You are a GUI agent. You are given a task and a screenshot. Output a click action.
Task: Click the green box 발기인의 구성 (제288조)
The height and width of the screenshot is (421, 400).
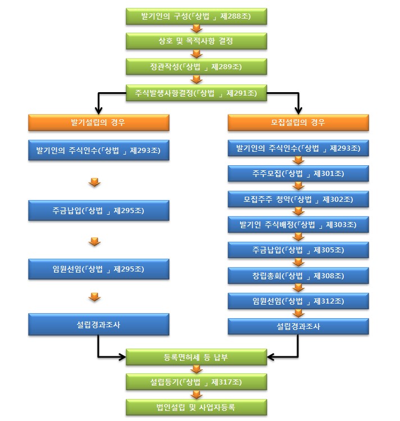197,16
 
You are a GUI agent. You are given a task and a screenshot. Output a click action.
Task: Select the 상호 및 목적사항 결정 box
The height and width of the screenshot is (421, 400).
197,41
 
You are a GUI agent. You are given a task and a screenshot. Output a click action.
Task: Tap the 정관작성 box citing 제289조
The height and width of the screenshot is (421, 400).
197,66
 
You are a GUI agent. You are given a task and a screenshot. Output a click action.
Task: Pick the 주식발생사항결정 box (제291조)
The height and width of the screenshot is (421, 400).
197,93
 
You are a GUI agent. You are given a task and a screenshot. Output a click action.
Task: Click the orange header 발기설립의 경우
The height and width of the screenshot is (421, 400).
99,123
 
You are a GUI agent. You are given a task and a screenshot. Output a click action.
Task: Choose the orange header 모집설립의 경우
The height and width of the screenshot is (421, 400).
298,123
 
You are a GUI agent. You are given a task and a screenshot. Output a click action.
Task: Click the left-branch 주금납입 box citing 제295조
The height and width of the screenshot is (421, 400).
99,210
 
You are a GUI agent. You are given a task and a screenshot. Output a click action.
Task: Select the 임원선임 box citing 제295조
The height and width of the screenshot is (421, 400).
99,269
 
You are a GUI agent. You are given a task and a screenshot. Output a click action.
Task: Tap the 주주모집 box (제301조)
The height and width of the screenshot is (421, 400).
298,174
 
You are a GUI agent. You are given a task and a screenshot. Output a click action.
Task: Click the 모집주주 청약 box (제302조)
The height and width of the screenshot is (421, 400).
298,199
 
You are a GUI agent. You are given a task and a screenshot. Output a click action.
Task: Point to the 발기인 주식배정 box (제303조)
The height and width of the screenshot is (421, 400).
298,224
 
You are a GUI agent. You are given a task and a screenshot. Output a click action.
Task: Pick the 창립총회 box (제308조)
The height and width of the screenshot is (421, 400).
298,276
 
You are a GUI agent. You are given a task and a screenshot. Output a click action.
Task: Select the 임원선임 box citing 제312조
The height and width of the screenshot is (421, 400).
298,301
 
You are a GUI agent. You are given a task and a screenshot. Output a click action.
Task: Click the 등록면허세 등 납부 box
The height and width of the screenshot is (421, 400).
197,357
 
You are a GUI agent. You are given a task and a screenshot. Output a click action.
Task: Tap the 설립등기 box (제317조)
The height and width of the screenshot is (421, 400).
197,382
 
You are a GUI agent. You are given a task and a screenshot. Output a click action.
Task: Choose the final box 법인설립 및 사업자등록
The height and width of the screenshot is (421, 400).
197,408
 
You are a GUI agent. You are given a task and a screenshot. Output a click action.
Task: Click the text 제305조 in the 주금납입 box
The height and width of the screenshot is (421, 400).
329,250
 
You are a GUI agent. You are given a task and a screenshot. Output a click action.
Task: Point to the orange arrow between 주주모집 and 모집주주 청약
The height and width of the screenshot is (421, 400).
298,186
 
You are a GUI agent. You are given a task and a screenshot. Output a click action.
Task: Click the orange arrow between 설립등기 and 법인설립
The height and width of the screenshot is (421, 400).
197,395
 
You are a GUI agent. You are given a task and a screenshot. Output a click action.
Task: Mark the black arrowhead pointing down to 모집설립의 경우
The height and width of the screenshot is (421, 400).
298,111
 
